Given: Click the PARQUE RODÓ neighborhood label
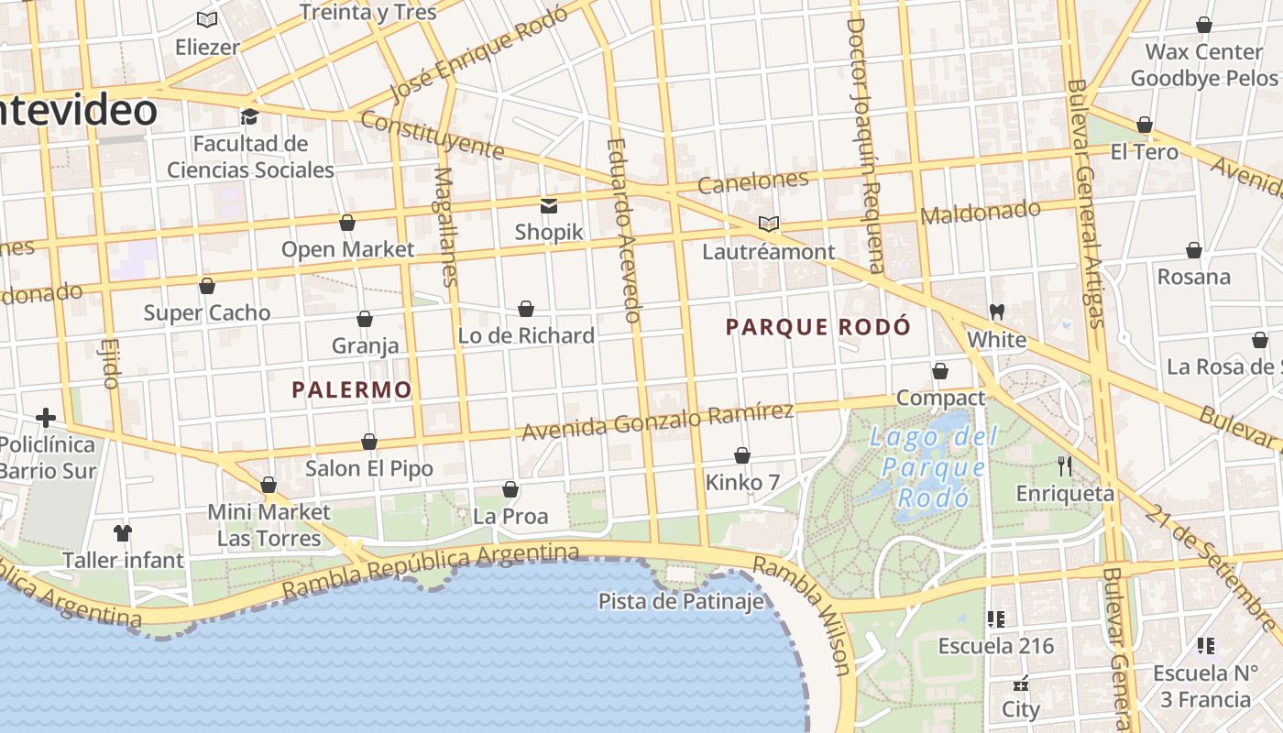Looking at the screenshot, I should [818, 327].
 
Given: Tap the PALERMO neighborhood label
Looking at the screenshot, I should [352, 390].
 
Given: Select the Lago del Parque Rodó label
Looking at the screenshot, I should [932, 467].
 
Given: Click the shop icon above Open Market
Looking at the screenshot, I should [347, 223].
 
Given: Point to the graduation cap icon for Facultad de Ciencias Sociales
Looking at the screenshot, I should [249, 116].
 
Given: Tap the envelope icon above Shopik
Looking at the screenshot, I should [549, 205].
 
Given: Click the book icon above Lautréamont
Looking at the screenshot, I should [769, 224].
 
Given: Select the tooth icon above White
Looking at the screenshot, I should [997, 312].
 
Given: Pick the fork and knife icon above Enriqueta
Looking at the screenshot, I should [1065, 466].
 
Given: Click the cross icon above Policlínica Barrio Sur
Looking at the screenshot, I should [46, 419].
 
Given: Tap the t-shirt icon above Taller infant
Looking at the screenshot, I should [123, 532].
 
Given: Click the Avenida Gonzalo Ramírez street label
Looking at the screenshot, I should [657, 420].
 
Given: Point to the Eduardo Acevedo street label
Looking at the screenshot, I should [622, 229].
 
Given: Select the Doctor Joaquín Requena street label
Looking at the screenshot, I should [866, 147].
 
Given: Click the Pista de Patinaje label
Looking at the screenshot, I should [681, 602].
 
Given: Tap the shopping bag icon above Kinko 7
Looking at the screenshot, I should [742, 455].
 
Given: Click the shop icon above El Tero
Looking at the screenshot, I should [1145, 125].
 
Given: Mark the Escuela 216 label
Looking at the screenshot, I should [996, 646].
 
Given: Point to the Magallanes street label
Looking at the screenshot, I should [445, 226].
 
